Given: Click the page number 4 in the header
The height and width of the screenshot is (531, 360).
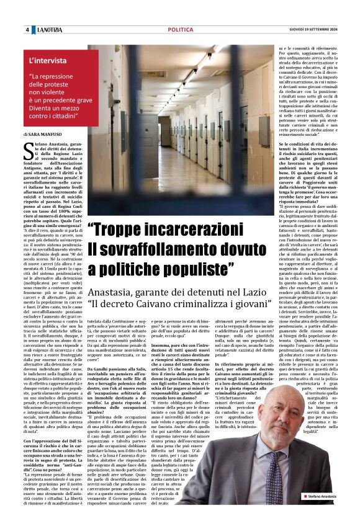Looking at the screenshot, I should tap(27, 30).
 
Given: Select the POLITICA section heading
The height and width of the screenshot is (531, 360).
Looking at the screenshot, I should tap(180, 29).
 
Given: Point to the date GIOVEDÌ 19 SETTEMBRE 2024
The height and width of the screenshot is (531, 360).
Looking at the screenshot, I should tap(309, 30).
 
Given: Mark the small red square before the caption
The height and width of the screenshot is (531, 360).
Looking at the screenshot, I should tap(305, 514).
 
